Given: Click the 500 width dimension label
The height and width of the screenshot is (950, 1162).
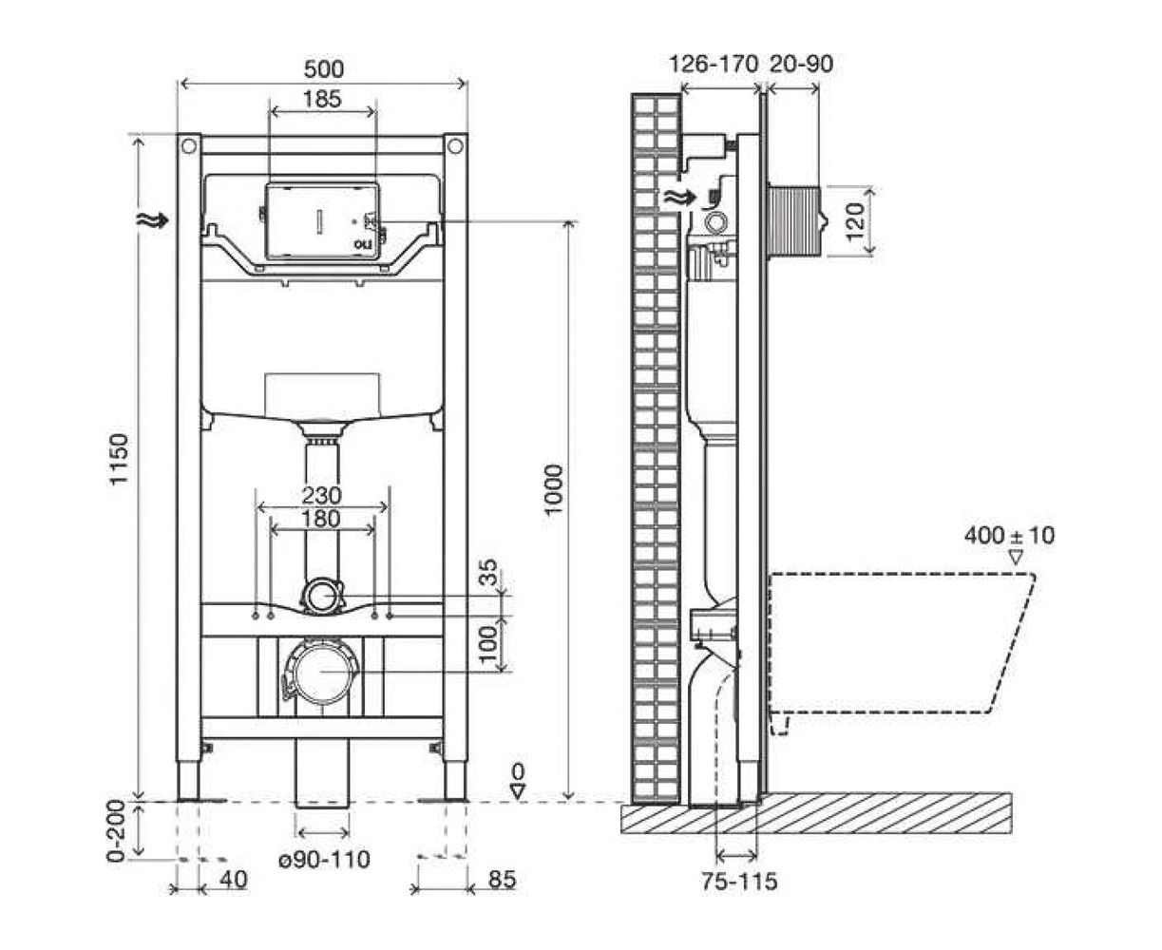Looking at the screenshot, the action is pos(323,69).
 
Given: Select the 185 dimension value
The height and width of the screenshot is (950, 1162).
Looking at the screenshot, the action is pos(322,99).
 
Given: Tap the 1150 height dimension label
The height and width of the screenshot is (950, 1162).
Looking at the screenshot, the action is pos(119,459).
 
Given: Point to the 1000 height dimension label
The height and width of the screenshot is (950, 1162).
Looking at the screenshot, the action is pos(553,489).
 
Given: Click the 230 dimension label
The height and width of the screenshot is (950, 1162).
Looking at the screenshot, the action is pos(322,495).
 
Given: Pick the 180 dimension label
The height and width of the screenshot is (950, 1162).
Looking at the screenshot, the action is pos(322,519).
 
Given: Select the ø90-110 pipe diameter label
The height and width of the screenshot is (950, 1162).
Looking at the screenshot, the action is pos(325,859).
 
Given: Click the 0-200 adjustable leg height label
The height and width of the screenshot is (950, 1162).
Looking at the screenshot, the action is pos(116,830).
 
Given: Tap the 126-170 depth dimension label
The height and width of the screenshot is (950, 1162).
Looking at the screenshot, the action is pos(714,65).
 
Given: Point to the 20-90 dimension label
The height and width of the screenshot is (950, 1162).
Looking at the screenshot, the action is pos(801,65).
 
